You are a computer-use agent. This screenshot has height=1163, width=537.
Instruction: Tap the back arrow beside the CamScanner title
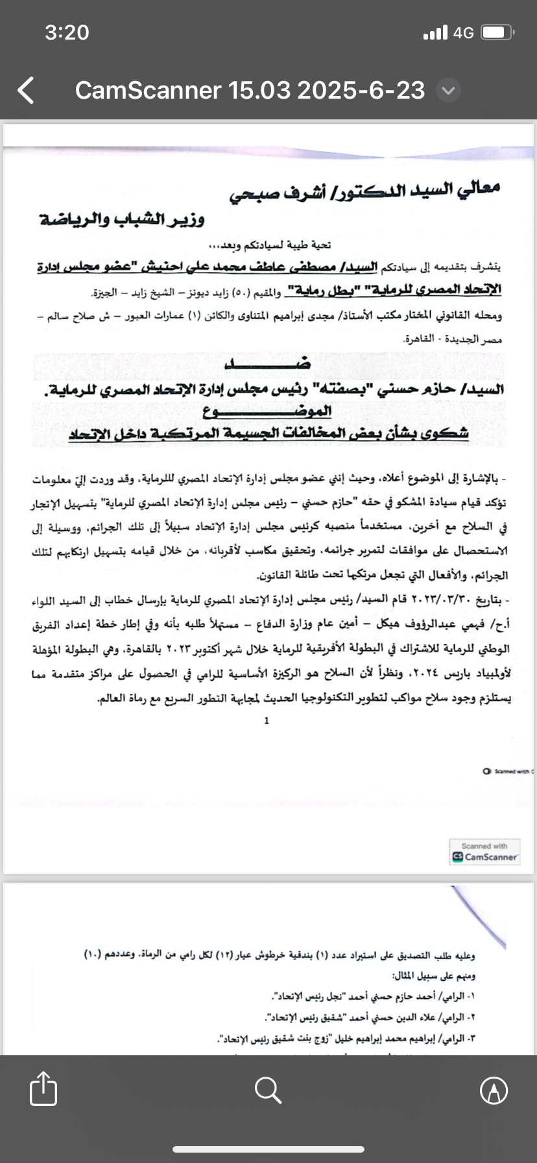(26, 91)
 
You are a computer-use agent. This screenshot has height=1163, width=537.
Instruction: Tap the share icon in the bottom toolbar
(43, 1088)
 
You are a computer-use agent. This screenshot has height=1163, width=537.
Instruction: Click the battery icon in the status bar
(499, 32)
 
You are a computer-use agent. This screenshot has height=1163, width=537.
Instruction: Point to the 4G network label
(464, 32)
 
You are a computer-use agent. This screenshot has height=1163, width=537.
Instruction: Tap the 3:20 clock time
(67, 32)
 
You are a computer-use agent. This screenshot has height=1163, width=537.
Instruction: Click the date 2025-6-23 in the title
(361, 90)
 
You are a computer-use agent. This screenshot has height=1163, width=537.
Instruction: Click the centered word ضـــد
(268, 364)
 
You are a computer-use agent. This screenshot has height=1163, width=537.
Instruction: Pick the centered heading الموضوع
(268, 411)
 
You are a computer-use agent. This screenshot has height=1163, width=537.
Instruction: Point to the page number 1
(267, 720)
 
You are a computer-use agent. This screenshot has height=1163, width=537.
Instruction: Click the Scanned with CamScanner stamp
(484, 851)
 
